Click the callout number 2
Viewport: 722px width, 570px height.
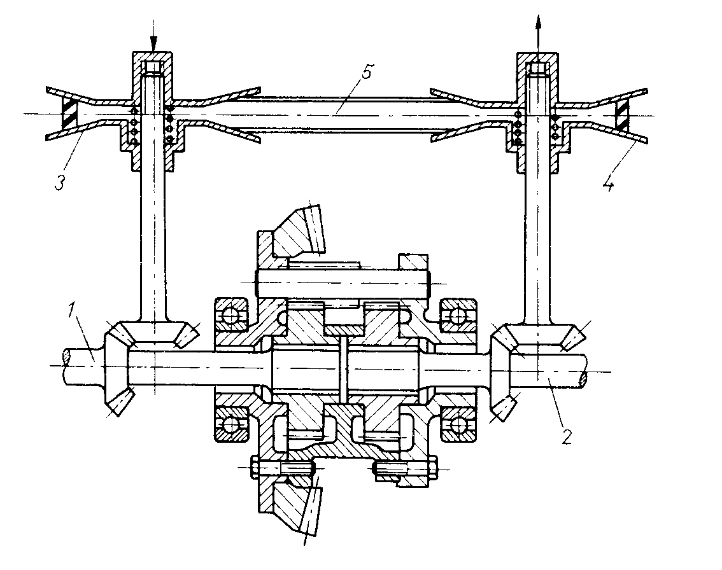pos(567,436)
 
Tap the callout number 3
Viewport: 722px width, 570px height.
pos(59,183)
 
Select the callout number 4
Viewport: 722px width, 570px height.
pos(609,184)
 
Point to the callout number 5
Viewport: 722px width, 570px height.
pos(367,73)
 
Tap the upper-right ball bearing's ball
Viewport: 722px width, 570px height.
pos(458,316)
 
